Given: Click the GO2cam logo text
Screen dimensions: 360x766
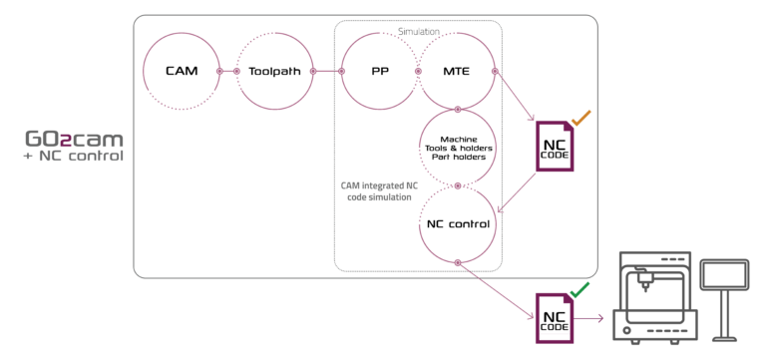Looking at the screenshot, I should click(x=74, y=140).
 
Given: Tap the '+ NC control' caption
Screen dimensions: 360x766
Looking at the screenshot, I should click(x=74, y=157).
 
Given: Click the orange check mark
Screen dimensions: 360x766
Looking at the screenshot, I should click(x=580, y=118).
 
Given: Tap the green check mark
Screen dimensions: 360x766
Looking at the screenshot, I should click(x=579, y=290).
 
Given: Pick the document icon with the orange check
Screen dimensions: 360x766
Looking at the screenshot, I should click(x=555, y=146).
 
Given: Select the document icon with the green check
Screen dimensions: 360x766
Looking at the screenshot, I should click(x=555, y=317).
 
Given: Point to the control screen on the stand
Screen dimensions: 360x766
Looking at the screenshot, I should click(x=725, y=275).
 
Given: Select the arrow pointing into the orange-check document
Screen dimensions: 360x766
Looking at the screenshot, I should click(x=516, y=100).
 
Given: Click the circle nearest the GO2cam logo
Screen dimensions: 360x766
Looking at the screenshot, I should click(x=181, y=71).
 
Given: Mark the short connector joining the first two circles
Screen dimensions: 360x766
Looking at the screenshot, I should click(x=228, y=71).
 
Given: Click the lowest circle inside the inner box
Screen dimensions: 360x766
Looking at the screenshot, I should click(x=458, y=223).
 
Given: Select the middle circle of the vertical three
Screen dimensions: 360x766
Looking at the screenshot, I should click(x=458, y=147).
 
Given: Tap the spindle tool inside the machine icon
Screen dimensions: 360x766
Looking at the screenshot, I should click(x=645, y=283).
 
